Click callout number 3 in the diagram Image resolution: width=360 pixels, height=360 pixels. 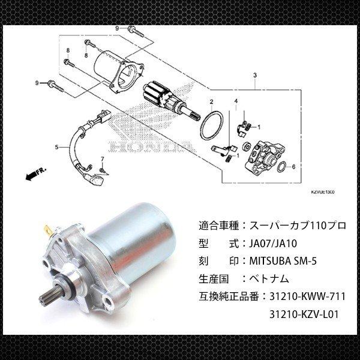(x=255, y=76)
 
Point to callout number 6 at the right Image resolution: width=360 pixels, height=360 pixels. (x=293, y=167)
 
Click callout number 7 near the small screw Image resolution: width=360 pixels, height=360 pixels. (x=103, y=159)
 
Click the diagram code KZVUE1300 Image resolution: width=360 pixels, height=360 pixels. (x=322, y=191)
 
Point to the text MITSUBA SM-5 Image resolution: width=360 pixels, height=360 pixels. (x=287, y=262)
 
